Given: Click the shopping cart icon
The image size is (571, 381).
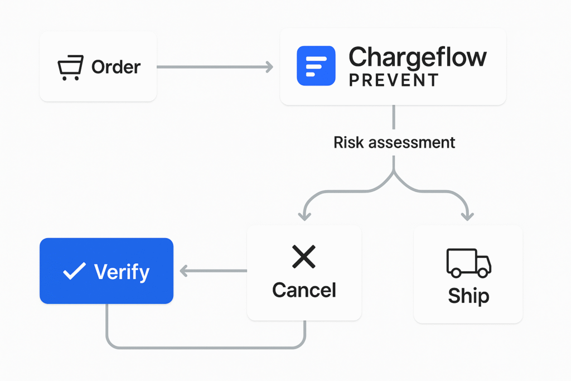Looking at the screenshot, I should coord(70,67).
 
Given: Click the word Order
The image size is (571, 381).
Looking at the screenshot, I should coord(116,67).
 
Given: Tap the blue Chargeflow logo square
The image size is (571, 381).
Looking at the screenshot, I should coord(316,66).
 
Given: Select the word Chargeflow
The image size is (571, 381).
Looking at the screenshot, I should coord(417,57).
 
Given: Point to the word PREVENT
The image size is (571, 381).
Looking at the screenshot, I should coord(394,80).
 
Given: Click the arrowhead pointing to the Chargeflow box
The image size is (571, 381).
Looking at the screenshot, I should coord(269,67).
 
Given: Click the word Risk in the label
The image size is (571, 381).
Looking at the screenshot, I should coord(346,142).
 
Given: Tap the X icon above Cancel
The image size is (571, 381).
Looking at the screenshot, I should coord(304,257).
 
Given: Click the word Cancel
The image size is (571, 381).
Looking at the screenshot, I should coord(304,290).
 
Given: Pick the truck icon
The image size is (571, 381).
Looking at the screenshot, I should coord(468,263).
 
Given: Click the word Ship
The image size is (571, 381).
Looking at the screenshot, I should coord(468,296).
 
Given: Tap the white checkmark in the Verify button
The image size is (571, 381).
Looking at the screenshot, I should coord(74,271).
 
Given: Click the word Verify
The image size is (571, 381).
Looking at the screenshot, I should coord(122,272).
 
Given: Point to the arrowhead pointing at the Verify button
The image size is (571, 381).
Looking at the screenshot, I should coord(183,271).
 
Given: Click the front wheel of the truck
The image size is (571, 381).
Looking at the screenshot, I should coord(483,273).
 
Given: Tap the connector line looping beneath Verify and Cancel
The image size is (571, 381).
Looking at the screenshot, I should coord(206,348).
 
